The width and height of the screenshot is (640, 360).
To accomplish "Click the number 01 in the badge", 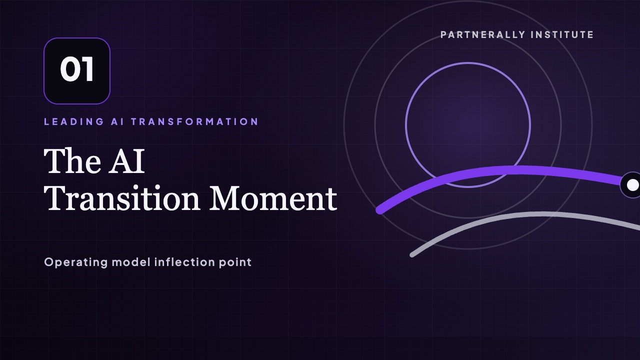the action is [x=77, y=69].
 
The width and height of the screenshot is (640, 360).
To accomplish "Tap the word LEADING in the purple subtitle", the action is [x=74, y=121].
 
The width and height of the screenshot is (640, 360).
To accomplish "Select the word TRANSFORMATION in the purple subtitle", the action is [x=195, y=121].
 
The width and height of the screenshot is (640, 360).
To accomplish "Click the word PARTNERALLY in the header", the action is [x=483, y=35].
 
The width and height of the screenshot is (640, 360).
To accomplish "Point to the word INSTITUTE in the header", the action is [x=562, y=35].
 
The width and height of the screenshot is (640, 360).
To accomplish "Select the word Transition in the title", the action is [x=121, y=198].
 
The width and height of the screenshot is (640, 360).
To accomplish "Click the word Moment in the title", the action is [x=273, y=198].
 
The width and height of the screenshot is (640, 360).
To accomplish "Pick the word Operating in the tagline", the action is [x=76, y=262].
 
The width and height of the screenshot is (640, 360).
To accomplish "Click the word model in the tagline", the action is [x=131, y=262].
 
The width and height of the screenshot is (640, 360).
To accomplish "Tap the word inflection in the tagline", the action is [x=184, y=262].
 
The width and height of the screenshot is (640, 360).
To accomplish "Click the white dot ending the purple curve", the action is [x=632, y=185].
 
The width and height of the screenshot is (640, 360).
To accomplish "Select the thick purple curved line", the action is [x=503, y=170].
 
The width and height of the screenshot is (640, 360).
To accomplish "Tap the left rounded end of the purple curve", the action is [x=379, y=210].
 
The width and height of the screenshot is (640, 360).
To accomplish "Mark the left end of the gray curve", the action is [x=412, y=255].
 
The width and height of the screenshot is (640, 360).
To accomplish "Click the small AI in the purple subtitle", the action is [x=117, y=121].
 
